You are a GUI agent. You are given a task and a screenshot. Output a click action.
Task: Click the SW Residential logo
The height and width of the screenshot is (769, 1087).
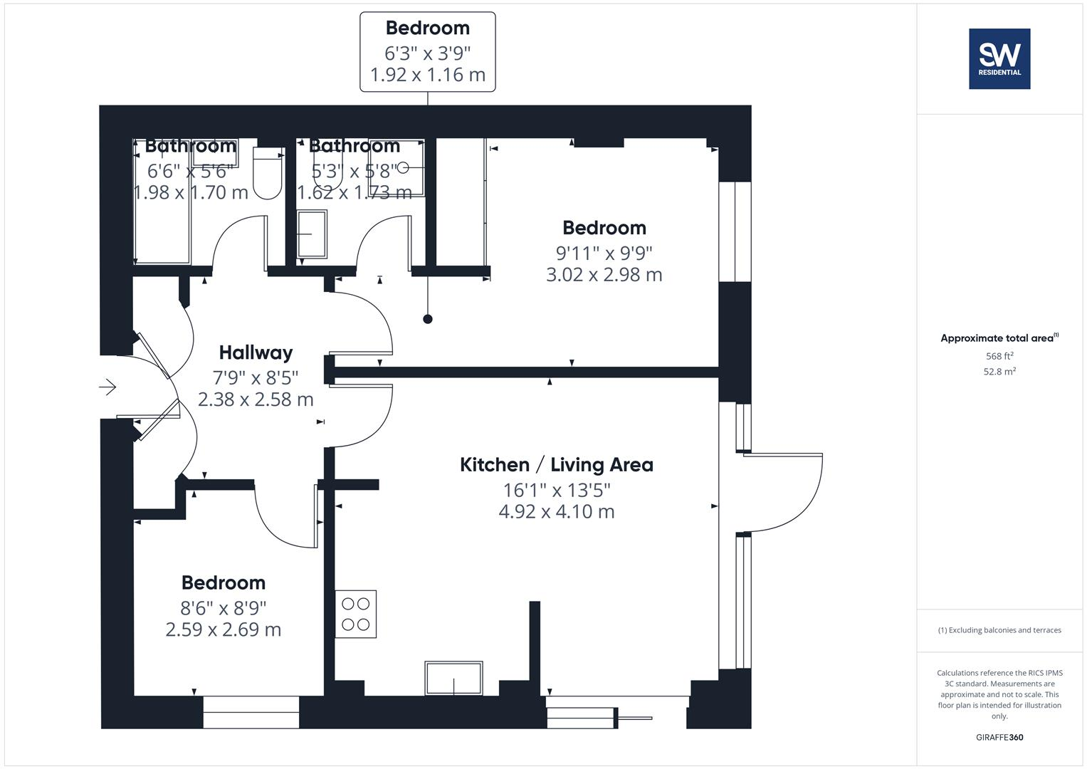[x=999, y=58]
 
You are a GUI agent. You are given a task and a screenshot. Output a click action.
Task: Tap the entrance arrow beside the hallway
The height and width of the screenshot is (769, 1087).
[x=107, y=387]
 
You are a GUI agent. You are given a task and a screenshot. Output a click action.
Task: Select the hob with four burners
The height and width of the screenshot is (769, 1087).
[x=356, y=614]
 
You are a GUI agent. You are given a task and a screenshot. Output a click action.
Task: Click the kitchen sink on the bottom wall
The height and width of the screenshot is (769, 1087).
[x=453, y=678]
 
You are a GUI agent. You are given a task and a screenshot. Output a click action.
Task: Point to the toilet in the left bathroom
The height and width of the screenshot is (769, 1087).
[x=268, y=174]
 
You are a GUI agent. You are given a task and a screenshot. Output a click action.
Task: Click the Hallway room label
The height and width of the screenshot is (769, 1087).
[x=256, y=352]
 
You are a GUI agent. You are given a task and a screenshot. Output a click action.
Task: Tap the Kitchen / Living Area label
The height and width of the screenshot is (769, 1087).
[x=556, y=465]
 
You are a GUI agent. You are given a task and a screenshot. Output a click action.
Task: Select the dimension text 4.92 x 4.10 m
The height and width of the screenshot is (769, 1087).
[x=556, y=511]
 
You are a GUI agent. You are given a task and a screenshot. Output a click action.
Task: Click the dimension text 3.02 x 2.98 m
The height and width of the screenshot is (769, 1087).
[x=604, y=274]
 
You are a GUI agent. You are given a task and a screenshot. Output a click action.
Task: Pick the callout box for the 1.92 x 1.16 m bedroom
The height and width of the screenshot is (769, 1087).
[x=427, y=52]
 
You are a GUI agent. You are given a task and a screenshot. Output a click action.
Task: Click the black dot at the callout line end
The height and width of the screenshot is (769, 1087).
[x=427, y=319]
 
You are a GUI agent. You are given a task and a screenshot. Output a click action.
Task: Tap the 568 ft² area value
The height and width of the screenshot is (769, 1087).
[x=999, y=356]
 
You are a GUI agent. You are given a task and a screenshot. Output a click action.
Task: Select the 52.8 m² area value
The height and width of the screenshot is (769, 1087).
[x=999, y=372]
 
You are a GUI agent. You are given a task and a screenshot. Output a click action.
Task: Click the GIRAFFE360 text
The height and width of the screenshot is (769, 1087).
[x=999, y=738]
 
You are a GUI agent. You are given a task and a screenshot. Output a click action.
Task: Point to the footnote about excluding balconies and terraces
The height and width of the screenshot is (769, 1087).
[x=999, y=630]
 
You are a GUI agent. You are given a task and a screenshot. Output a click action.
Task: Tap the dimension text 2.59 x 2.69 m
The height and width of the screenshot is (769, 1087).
[x=223, y=629]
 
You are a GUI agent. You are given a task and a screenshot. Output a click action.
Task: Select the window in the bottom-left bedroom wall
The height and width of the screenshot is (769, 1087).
[x=251, y=712]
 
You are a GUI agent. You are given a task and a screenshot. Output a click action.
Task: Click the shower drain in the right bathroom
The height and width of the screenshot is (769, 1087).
[x=404, y=168]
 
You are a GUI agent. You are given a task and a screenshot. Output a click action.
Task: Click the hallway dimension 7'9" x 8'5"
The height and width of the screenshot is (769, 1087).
[x=256, y=377]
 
